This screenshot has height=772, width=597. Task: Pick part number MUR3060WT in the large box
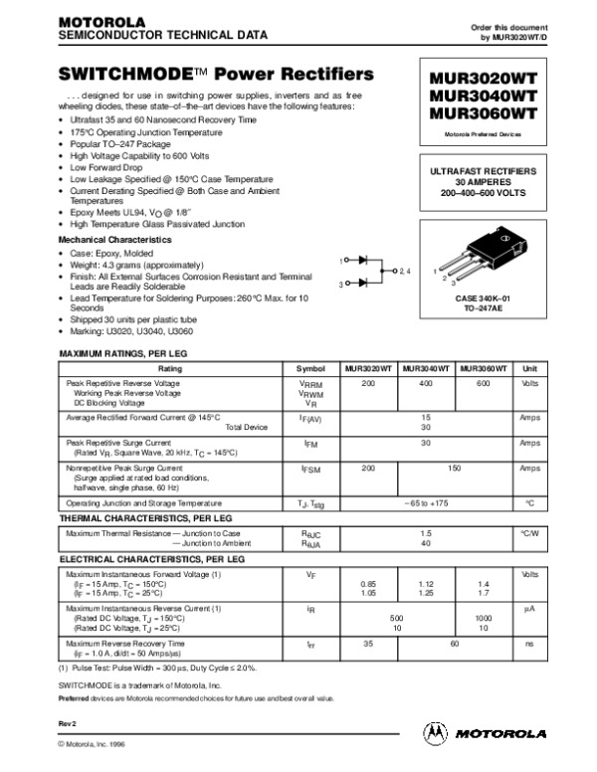coord(482,113)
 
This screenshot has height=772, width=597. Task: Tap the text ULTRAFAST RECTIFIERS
coord(483,172)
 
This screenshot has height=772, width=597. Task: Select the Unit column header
coord(529,368)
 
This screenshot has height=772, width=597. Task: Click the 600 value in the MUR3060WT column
coord(484,383)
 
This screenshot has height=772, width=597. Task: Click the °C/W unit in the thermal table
coord(529,534)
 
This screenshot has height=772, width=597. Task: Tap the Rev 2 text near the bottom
coord(67,723)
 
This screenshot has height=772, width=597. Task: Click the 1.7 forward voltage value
coord(484,593)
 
